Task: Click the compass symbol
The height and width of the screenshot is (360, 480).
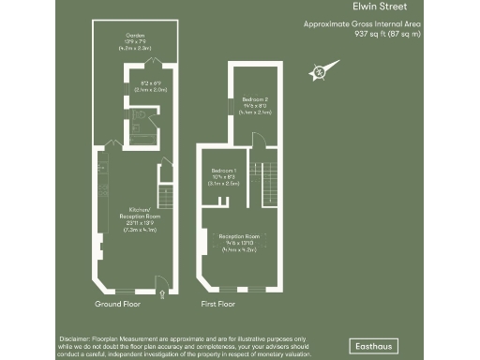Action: coord(319,70)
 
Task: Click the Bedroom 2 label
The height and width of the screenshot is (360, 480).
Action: coord(255,99)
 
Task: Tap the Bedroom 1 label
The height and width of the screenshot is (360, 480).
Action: coord(222,170)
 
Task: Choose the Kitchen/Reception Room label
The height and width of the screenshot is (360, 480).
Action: coord(138,213)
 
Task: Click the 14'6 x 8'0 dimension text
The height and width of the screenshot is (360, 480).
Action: coord(256,106)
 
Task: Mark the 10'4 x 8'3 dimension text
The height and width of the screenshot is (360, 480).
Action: coord(223,177)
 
